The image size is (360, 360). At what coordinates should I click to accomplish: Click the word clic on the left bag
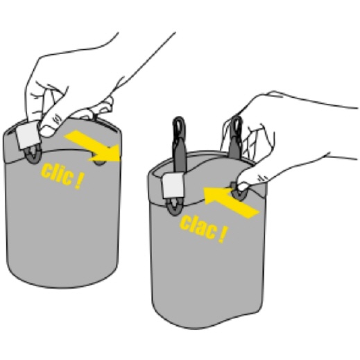[x=56, y=174]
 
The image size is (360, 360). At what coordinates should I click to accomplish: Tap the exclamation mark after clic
[x=79, y=182]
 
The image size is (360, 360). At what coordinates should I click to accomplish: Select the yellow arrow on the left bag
[x=96, y=146]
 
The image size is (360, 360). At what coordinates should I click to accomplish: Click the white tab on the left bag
[x=27, y=136]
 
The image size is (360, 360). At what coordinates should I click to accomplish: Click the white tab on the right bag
[x=173, y=186]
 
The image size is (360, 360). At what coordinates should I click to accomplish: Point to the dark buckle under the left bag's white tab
[x=33, y=155]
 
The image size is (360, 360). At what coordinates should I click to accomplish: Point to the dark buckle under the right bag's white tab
[x=174, y=207]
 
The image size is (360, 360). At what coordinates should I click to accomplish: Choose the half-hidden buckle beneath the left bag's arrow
[x=99, y=161]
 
